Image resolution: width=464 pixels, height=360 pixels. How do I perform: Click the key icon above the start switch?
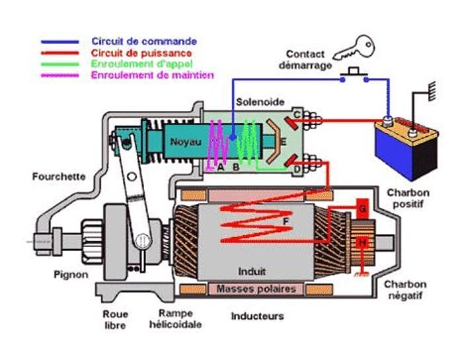coord(355,49)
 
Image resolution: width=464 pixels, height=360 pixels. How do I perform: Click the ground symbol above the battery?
coord(432,92)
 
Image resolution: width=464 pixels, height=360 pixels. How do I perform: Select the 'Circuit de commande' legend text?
coord(144,42)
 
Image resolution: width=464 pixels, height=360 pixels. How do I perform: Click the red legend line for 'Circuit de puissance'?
coord(59,54)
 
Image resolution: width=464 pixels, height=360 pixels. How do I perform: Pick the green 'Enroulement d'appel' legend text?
coord(141,64)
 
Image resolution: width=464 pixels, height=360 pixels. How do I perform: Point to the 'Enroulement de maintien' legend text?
coord(153,75)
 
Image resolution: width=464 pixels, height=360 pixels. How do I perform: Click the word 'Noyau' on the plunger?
coord(186,142)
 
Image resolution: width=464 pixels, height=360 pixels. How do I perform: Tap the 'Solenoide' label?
coord(260,102)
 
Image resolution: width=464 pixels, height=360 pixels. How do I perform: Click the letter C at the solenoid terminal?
coord(297,114)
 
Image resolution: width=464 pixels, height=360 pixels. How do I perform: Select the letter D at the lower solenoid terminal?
coord(297,170)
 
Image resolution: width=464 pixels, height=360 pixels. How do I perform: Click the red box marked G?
coord(362,209)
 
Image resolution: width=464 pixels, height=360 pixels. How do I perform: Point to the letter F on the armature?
coord(286,221)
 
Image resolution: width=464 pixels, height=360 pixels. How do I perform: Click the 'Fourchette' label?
coord(59,176)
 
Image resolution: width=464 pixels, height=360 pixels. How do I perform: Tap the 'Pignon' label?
coord(71,275)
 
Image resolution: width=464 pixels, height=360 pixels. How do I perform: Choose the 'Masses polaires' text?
coord(256,289)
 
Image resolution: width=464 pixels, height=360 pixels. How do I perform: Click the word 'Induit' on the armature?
coord(252,271)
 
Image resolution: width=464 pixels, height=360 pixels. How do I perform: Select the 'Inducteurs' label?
coord(257,316)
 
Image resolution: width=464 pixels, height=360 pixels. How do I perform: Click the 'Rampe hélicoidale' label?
coord(175,318)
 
